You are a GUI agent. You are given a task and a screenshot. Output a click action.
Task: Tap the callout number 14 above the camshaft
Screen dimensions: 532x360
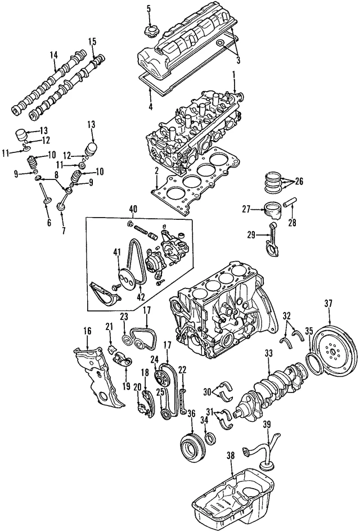[54, 55]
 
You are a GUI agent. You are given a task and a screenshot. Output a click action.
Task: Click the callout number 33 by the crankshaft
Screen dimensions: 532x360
[268, 353]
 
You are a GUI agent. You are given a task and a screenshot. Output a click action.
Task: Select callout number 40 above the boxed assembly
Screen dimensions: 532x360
[133, 210]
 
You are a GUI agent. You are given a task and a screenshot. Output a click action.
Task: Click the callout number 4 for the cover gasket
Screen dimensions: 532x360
[150, 107]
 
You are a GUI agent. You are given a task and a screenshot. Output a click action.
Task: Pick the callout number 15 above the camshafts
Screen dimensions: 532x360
[93, 41]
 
